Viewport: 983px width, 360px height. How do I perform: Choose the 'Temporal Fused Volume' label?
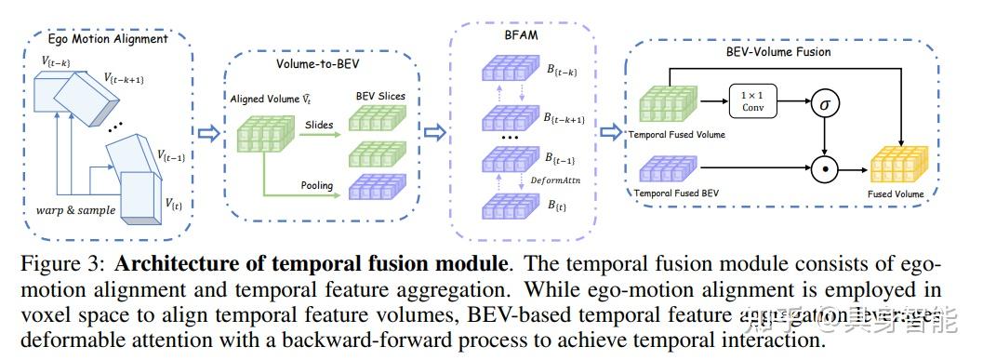[x=677, y=135]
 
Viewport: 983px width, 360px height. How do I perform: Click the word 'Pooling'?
[x=316, y=185]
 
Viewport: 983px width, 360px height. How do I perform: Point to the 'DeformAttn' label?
[x=556, y=180]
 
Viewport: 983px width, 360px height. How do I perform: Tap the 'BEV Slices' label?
[x=380, y=97]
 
